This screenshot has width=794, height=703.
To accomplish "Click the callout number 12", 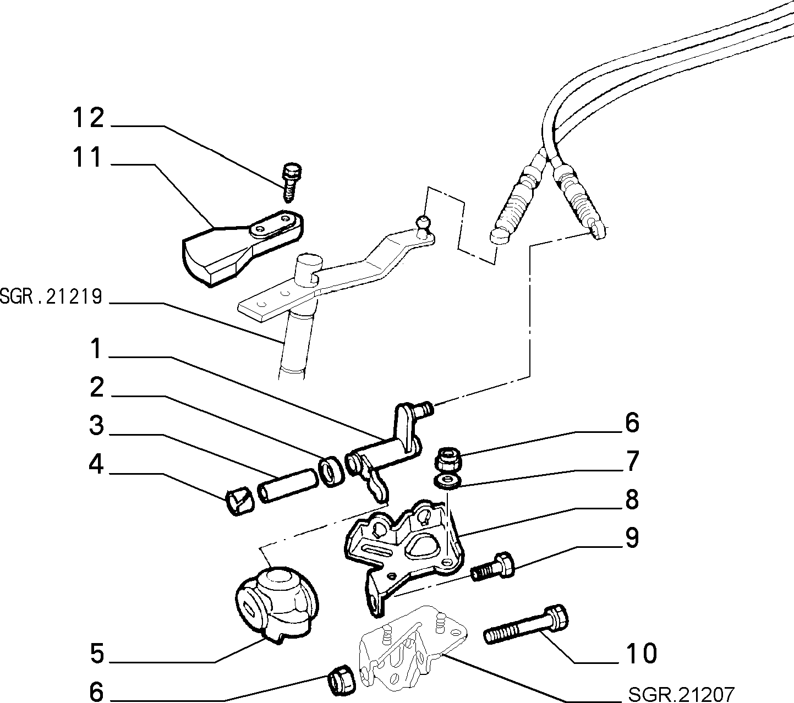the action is tap(89, 118).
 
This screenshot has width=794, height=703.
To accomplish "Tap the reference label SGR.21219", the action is tap(51, 296).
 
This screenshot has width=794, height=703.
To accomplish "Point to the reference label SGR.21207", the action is tap(681, 695).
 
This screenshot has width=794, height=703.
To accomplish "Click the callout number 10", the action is tap(642, 653).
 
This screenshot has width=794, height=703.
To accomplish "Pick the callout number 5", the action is tap(97, 653).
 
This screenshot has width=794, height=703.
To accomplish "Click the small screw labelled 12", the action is tap(293, 182).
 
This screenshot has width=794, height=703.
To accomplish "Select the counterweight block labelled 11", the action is tap(243, 248).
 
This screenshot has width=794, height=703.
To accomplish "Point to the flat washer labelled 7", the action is tap(447, 482).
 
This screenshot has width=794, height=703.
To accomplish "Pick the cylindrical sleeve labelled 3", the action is tap(287, 485).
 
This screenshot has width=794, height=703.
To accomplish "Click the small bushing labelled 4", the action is tap(239, 501).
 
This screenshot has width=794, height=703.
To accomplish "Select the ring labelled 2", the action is tap(331, 471).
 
